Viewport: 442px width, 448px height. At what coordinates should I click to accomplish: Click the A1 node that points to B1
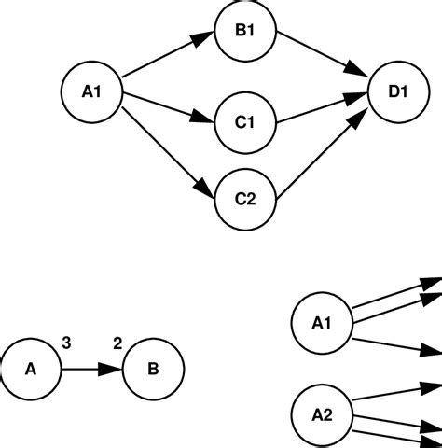pyautogui.click(x=91, y=91)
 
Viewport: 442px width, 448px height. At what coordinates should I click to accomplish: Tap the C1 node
pyautogui.click(x=245, y=120)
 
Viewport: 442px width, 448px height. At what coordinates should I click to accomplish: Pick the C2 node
pyautogui.click(x=245, y=199)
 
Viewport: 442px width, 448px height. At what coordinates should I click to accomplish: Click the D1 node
pyautogui.click(x=398, y=91)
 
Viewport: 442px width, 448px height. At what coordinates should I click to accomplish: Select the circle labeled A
pyautogui.click(x=30, y=369)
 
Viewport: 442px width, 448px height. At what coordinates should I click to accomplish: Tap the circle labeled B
pyautogui.click(x=152, y=369)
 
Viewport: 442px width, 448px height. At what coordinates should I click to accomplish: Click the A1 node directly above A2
pyautogui.click(x=322, y=324)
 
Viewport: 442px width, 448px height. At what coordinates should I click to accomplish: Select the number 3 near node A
pyautogui.click(x=66, y=343)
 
